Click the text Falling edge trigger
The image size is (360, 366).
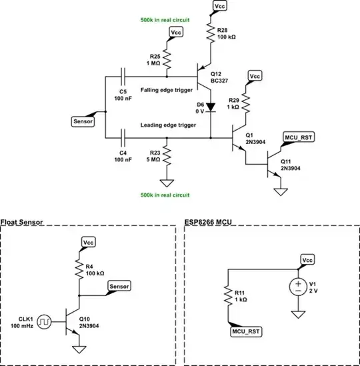(x=167, y=89)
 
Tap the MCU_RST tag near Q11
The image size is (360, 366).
(x=297, y=137)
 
